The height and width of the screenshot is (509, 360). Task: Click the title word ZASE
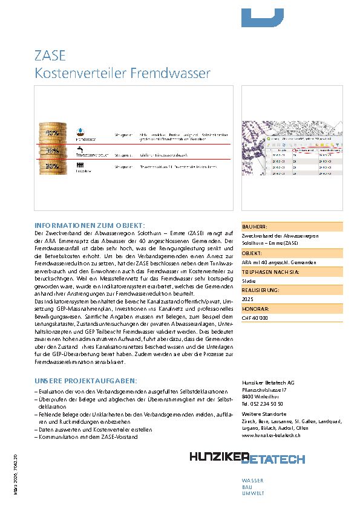click(50, 57)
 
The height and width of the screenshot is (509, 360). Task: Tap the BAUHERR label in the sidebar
click(255, 226)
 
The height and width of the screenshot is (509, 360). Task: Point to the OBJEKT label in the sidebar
click(252, 253)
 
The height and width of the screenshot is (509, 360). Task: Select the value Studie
click(248, 281)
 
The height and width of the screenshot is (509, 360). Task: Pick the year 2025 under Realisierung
click(247, 299)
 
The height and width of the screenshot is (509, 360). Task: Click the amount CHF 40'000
click(255, 317)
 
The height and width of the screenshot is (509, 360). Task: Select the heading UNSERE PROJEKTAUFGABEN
click(86, 381)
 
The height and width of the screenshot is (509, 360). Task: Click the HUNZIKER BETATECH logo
click(247, 458)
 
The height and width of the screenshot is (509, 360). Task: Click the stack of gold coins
click(53, 151)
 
